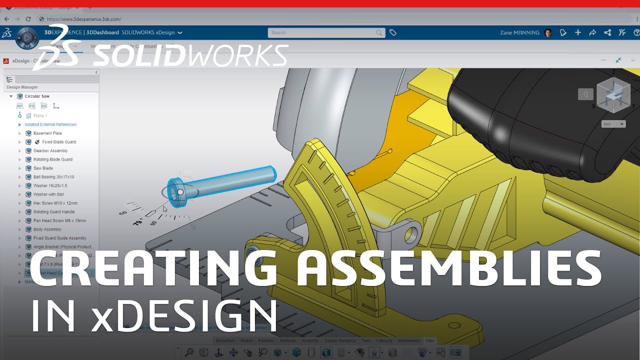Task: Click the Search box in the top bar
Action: [325, 32]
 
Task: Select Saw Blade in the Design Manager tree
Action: [43, 168]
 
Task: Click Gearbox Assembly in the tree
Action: [50, 150]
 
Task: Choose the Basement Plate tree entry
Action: [47, 133]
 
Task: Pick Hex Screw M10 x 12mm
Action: [55, 203]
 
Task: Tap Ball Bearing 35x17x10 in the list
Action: [53, 177]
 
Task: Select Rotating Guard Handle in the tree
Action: [54, 212]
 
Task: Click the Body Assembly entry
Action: [47, 229]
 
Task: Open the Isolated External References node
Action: [50, 124]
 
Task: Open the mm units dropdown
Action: [613, 124]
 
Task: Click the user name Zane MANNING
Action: [519, 32]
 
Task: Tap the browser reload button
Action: [28, 19]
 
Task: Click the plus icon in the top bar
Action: [578, 32]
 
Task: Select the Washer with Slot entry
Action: [48, 194]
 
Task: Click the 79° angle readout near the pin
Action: [138, 221]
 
